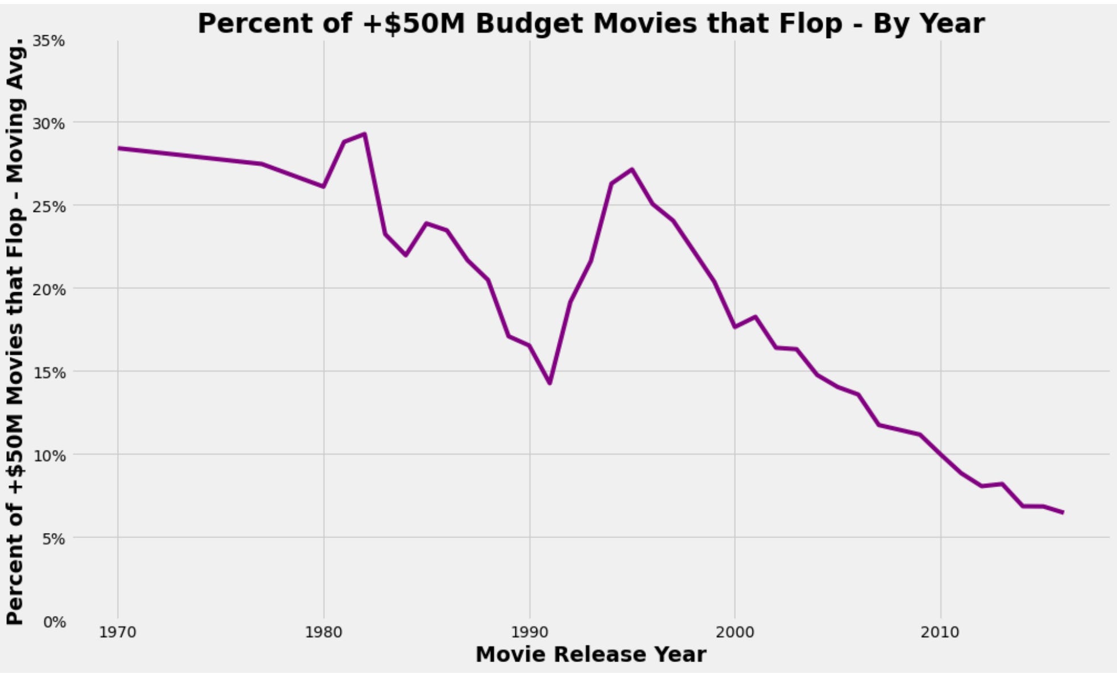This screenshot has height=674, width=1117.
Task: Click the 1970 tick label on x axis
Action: [118, 633]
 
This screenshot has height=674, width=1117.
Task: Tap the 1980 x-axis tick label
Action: [323, 633]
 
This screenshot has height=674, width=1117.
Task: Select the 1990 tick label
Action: [529, 633]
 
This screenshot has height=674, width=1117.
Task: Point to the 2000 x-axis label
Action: [735, 633]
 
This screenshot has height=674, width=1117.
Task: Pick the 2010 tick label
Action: [940, 633]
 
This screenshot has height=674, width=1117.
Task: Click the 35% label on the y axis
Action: [49, 41]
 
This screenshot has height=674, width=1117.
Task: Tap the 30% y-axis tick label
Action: [49, 123]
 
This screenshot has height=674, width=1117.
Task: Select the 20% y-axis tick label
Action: [49, 289]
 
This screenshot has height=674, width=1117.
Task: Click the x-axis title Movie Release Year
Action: [590, 654]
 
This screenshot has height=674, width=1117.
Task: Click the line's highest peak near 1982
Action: [365, 134]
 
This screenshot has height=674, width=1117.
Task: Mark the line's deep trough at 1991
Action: [549, 383]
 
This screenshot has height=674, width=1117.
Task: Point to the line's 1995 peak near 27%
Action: [632, 169]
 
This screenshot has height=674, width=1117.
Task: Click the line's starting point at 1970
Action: [118, 148]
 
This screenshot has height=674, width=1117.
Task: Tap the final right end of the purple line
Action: [1062, 513]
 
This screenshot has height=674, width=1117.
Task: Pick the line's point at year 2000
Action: [735, 327]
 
